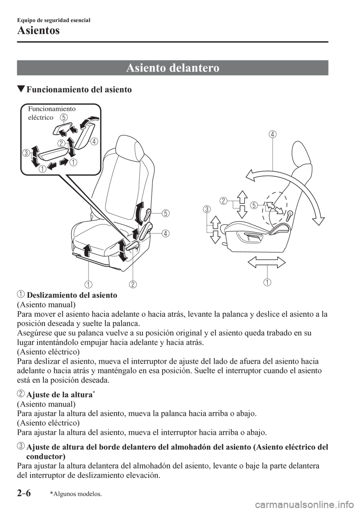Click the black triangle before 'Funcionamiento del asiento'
click(x=21, y=90)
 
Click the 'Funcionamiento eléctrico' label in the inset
click(x=51, y=113)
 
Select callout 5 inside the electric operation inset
click(x=64, y=117)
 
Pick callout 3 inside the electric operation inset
click(x=25, y=153)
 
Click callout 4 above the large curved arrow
click(x=272, y=134)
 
